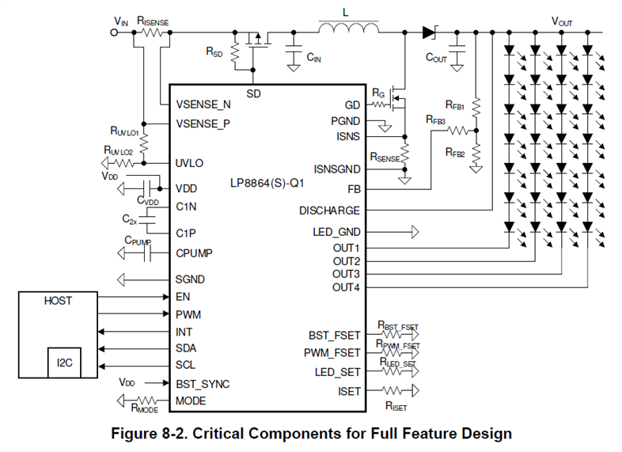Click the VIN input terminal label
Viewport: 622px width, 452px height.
pos(121,21)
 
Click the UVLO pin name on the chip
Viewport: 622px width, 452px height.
pos(191,163)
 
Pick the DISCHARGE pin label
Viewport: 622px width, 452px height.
pos(329,211)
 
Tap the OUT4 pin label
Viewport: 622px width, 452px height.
pos(346,287)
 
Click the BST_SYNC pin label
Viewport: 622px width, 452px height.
pos(203,384)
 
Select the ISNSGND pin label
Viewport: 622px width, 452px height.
pos(336,169)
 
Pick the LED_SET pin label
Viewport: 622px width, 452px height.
pos(336,371)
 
